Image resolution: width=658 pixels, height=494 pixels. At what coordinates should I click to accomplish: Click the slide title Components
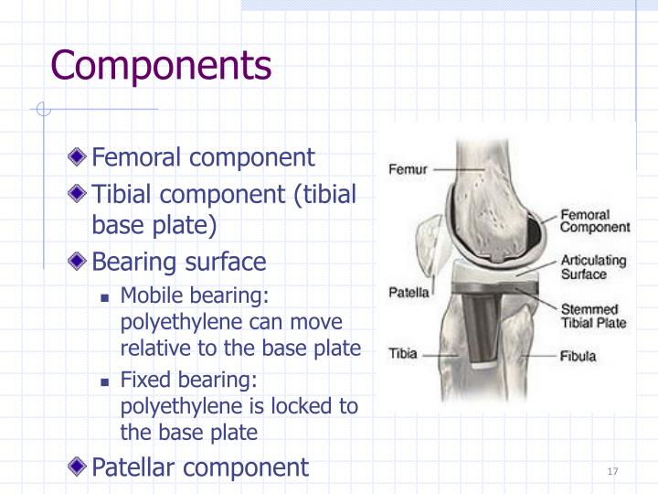(161, 66)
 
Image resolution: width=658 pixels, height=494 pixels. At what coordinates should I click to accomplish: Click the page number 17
(612, 471)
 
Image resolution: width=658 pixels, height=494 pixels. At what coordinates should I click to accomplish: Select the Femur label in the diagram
(407, 169)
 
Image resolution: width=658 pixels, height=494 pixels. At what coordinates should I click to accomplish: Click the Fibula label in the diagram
(578, 355)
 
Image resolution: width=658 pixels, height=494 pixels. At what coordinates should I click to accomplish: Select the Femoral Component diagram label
(594, 220)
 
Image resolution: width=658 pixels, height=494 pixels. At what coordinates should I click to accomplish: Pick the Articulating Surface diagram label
(594, 267)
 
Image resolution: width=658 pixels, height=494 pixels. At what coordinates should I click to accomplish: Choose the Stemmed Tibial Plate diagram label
(594, 317)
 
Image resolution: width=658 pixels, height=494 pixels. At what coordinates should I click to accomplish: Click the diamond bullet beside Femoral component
(81, 157)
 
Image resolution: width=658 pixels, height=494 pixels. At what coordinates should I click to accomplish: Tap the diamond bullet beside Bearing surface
(81, 263)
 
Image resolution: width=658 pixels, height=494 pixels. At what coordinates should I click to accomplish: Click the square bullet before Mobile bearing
(106, 296)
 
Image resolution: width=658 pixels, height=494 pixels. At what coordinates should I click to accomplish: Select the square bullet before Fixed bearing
(106, 379)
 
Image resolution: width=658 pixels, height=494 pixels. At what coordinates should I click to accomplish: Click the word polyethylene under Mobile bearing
(173, 322)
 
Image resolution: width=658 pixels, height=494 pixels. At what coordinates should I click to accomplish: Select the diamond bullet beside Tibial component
(81, 195)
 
